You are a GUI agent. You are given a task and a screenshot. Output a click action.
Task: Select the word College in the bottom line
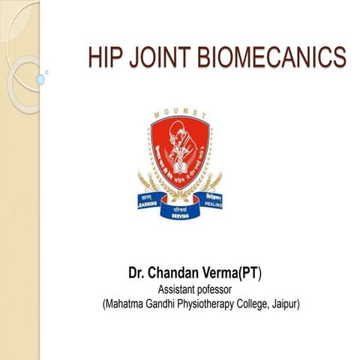coord(251,304)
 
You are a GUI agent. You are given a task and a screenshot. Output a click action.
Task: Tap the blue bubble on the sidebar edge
coord(40,79)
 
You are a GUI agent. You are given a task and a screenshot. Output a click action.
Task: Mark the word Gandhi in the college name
coord(160,304)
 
